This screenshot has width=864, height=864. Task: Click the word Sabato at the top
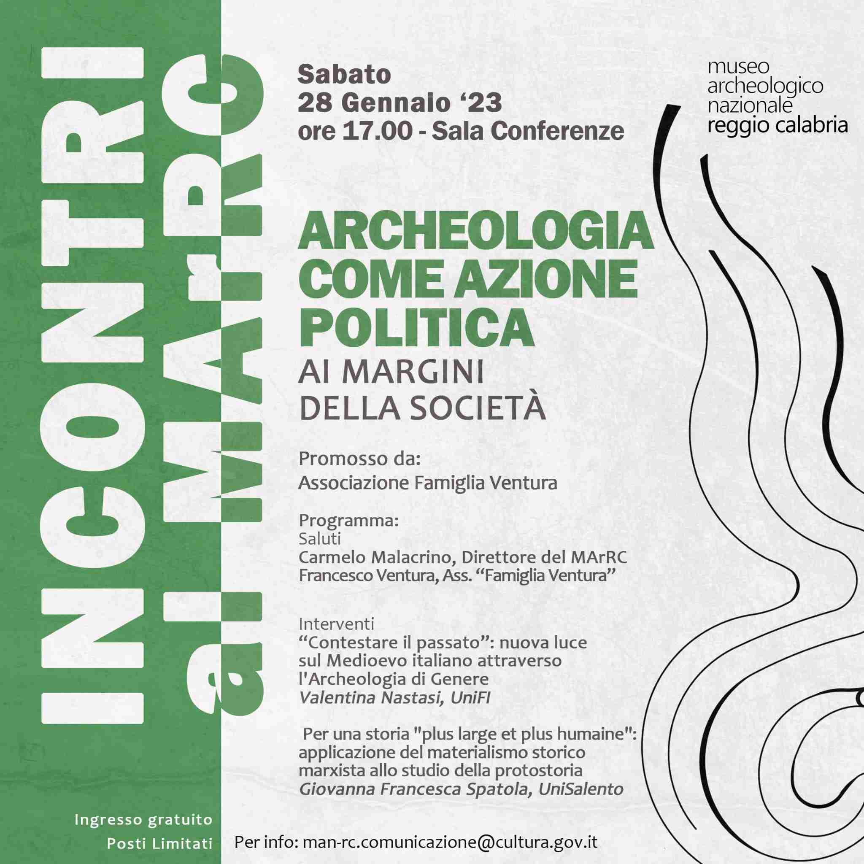(x=344, y=75)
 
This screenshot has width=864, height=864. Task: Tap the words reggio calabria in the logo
(x=777, y=126)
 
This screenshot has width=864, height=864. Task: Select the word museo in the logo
(x=738, y=67)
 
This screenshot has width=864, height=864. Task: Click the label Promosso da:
(x=359, y=459)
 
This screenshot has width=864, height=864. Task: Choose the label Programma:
(x=348, y=521)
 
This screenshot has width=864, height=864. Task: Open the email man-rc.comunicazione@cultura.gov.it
(x=450, y=842)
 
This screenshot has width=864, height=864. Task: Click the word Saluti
(x=320, y=538)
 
